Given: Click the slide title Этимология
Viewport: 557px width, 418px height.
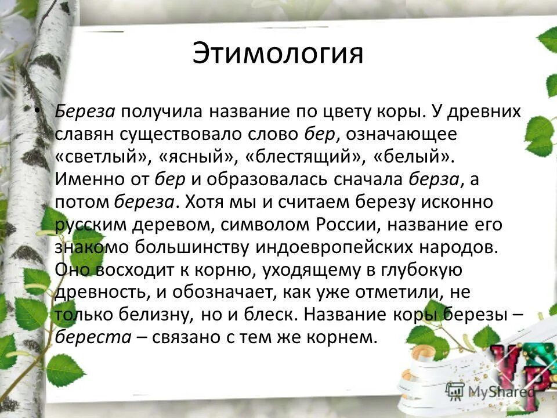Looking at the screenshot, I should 278,55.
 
